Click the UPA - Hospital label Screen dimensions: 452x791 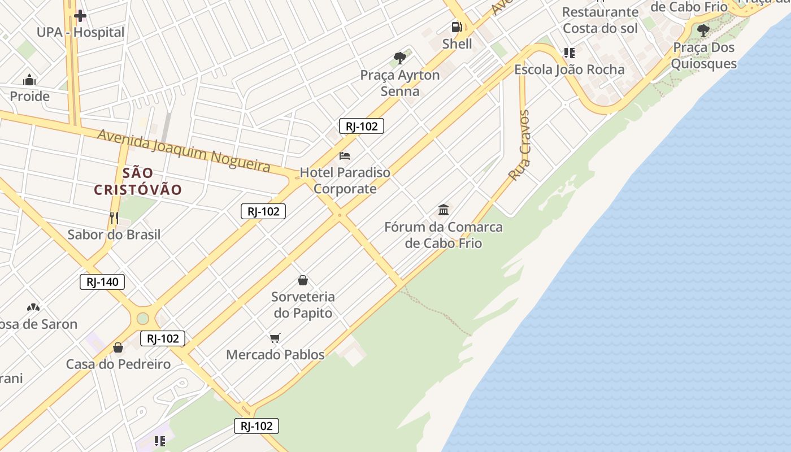(x=80, y=33)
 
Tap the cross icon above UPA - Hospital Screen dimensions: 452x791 (x=80, y=16)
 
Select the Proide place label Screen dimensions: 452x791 (x=30, y=97)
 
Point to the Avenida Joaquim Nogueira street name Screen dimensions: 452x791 (x=184, y=149)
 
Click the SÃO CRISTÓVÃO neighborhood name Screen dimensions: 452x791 (x=138, y=181)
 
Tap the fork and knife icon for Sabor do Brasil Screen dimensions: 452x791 (x=114, y=218)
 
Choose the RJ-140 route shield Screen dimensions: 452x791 (x=102, y=282)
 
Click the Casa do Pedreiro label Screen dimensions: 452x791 (x=118, y=364)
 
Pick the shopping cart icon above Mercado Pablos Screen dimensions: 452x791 (x=275, y=338)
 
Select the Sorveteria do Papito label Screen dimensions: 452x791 (x=303, y=305)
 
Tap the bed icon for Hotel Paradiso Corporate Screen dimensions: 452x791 (x=345, y=156)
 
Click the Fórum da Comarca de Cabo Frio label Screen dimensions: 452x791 (x=444, y=235)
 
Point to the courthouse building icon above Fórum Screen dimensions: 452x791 (x=444, y=210)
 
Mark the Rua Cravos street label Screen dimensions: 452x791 (x=519, y=145)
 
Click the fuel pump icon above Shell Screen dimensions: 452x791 (x=457, y=27)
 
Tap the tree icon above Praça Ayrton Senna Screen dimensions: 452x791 (x=400, y=58)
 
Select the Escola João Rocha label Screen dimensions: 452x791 (x=569, y=70)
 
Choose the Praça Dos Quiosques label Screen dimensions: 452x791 (x=703, y=55)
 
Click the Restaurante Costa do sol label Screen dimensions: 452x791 (x=600, y=20)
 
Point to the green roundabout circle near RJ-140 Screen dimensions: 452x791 (x=143, y=318)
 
